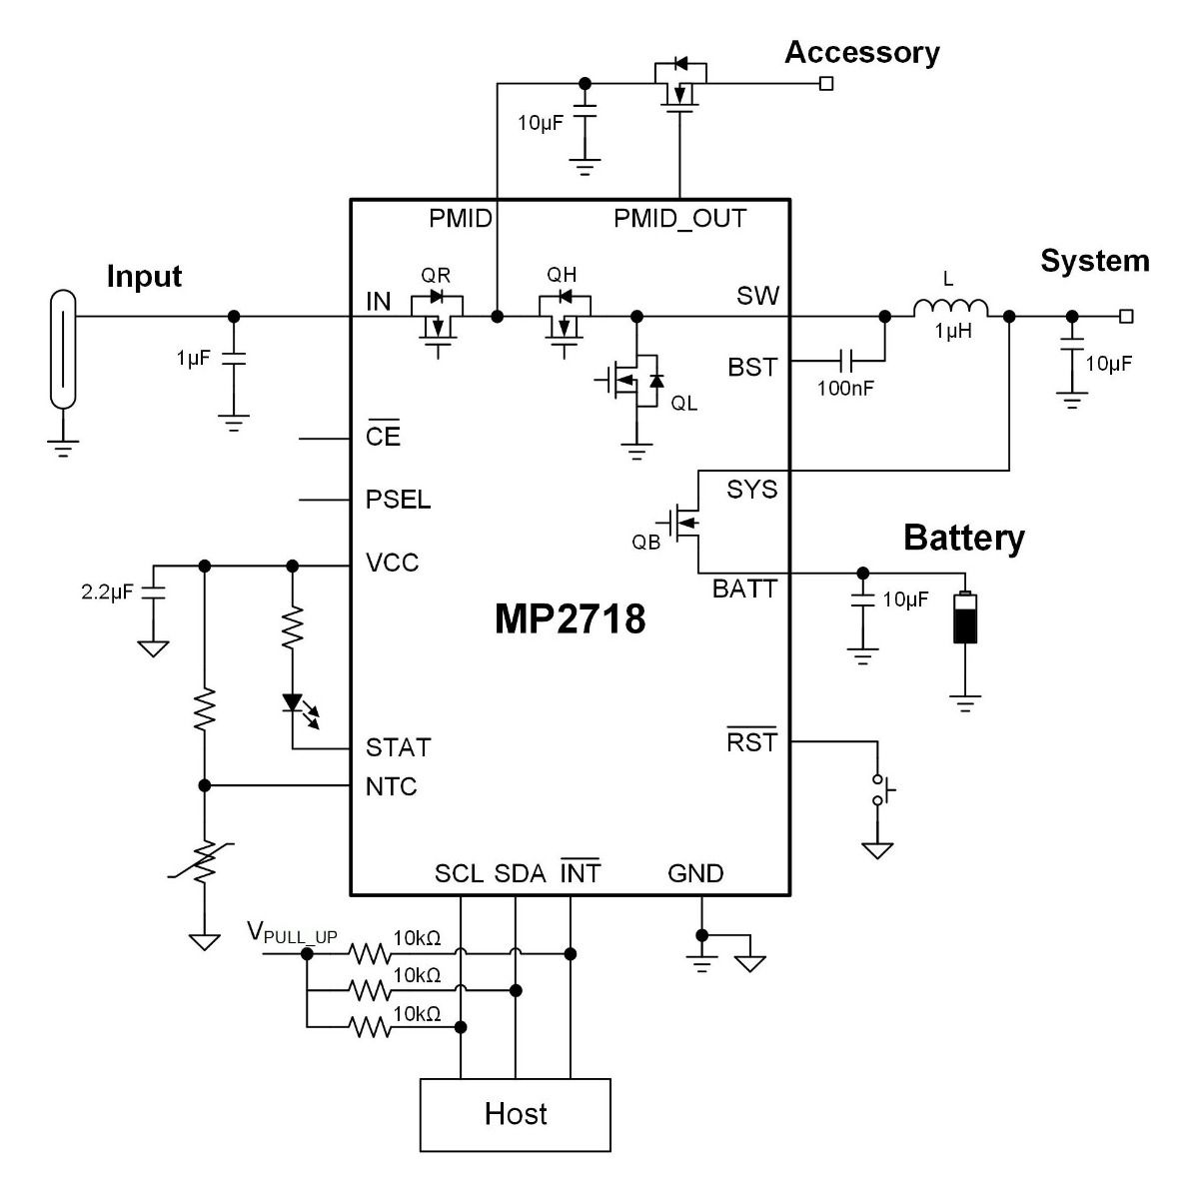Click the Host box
(515, 1114)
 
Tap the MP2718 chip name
(570, 619)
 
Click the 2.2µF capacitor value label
(107, 592)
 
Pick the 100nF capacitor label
(845, 388)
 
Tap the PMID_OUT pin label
(679, 218)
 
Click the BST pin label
(752, 367)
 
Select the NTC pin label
(391, 787)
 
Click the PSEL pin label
(398, 500)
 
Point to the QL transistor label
(684, 403)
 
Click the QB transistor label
(645, 543)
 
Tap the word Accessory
(861, 52)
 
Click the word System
(1094, 261)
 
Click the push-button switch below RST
(880, 789)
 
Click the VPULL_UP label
(292, 934)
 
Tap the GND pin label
(695, 873)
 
